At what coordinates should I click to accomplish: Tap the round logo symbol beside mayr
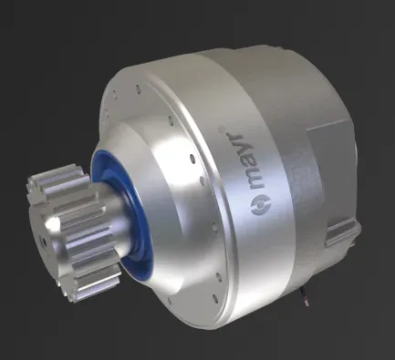click(261, 206)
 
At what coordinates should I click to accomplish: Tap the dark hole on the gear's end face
click(45, 242)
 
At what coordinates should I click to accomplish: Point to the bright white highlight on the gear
click(53, 224)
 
